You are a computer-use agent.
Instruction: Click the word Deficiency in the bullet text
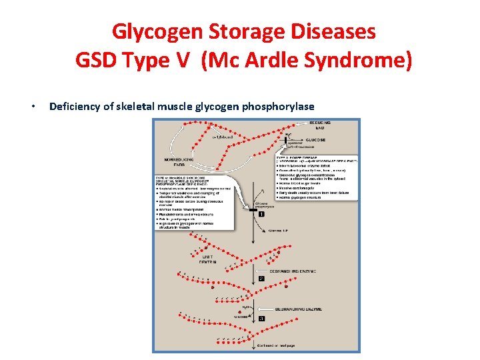click(x=77, y=107)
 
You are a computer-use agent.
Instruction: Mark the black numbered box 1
click(x=262, y=214)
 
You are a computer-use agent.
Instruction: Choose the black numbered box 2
click(x=262, y=278)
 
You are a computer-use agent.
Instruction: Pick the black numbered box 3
click(x=262, y=319)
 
